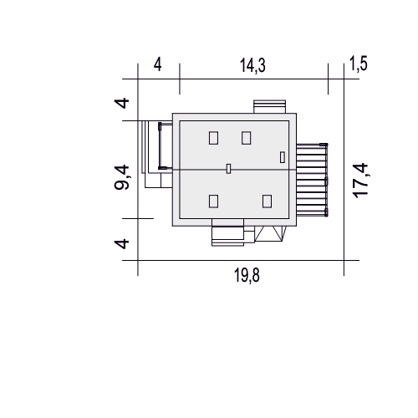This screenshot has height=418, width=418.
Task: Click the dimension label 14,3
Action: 252,66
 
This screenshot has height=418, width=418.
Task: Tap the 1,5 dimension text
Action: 359,64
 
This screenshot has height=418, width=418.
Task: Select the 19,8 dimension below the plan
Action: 247,275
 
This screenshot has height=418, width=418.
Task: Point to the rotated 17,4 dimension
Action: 360,181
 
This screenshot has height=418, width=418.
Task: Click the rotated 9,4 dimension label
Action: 122,177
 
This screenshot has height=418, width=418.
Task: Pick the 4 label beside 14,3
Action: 157,65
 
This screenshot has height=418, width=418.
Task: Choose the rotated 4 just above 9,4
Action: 122,103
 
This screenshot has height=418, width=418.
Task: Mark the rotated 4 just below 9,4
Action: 122,243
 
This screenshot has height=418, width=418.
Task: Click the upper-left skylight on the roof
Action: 213,138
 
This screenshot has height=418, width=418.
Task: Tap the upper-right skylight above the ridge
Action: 247,138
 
